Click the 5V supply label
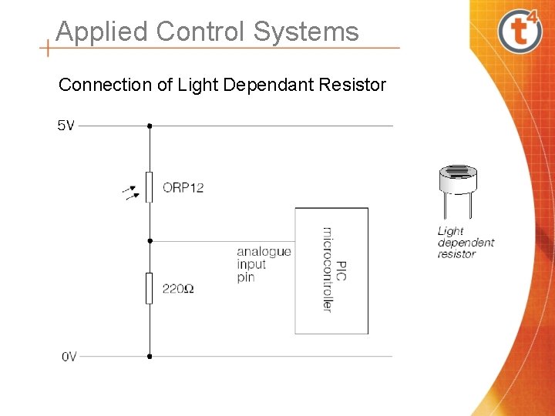66,126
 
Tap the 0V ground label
69,357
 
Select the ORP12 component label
183,187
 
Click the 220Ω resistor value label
177,289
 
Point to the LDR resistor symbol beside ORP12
150,187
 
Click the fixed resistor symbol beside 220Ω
150,288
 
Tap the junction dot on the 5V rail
150,126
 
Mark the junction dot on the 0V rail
150,356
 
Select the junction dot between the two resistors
150,241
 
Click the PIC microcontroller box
331,270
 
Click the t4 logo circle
520,31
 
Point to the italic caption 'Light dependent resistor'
466,242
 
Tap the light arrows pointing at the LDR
132,191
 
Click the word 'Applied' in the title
102,32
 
